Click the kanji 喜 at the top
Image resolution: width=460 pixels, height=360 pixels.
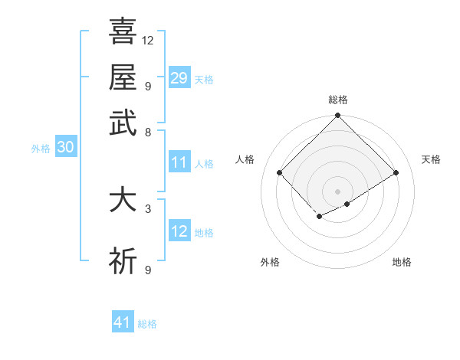(123, 31)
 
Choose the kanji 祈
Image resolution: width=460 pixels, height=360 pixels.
(123, 261)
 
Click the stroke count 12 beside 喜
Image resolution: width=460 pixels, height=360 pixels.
(148, 40)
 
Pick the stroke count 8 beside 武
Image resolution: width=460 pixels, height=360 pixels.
(148, 132)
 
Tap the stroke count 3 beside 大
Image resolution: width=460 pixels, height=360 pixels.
(148, 208)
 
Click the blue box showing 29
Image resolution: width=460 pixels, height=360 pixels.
(179, 77)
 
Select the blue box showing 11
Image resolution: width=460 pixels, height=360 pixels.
(179, 162)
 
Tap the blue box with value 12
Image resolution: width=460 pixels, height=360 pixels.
(179, 231)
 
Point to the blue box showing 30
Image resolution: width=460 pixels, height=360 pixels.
(65, 148)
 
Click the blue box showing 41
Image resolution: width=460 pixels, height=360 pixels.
(123, 322)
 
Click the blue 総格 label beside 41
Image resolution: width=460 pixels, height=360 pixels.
(147, 324)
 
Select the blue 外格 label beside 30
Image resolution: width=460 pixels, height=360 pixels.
(41, 149)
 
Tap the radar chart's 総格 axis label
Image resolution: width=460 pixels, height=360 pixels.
(338, 100)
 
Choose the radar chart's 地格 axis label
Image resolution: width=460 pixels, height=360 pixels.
(402, 262)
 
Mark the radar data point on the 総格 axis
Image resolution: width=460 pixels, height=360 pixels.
(338, 116)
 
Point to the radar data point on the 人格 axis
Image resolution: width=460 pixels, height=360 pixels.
(280, 173)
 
